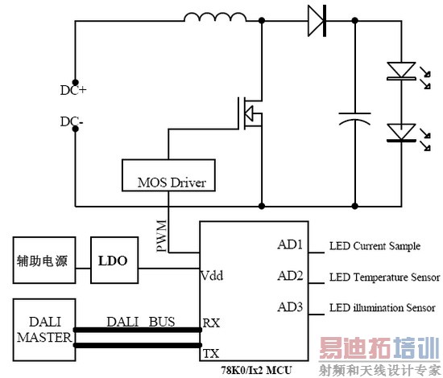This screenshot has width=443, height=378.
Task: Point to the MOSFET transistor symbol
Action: coord(248,112)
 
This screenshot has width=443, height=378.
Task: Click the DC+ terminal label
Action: coord(73,90)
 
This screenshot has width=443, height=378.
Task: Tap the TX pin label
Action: coord(209,353)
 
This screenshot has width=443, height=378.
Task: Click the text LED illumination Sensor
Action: coord(383,307)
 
